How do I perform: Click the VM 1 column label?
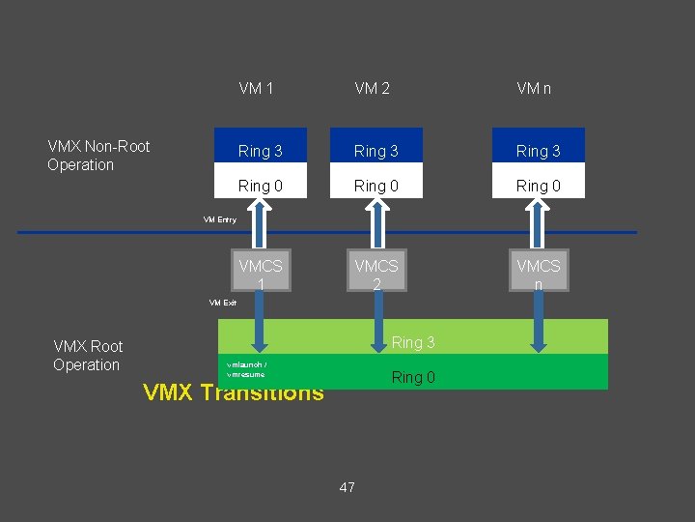(x=256, y=89)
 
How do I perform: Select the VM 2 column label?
(x=372, y=89)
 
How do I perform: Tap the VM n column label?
(x=534, y=89)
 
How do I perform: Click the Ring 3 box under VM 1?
(x=261, y=151)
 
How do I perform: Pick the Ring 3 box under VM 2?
(x=376, y=151)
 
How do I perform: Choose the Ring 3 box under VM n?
(x=538, y=151)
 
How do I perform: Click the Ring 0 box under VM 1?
(x=261, y=186)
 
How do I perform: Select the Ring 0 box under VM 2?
(x=376, y=186)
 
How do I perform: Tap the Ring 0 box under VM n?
(x=538, y=186)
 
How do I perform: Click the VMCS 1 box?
(x=261, y=274)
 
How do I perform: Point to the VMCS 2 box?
(x=376, y=274)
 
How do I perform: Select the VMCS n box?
(x=538, y=274)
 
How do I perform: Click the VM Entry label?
(x=220, y=219)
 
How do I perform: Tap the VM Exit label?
(x=223, y=303)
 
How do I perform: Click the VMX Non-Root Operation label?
(x=98, y=156)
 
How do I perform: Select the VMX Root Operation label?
(x=88, y=355)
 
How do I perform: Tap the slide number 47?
(x=347, y=487)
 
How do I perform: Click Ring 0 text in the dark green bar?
(x=413, y=377)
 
